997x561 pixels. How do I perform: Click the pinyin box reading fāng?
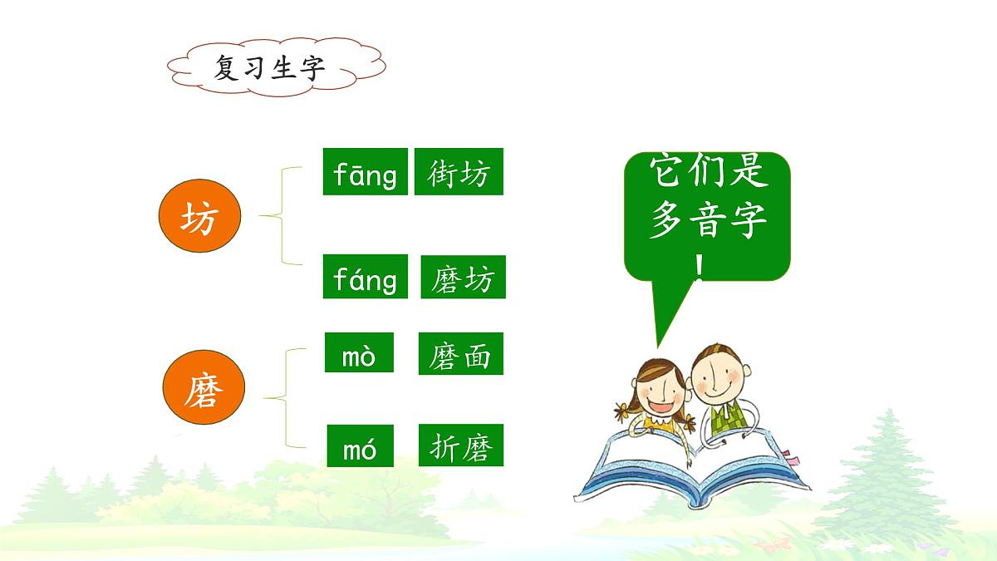tap(365, 172)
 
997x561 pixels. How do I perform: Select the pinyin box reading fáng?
tap(365, 277)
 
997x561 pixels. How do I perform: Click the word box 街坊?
tap(459, 172)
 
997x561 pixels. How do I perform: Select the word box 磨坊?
tap(463, 278)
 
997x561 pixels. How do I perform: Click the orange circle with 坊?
tap(199, 218)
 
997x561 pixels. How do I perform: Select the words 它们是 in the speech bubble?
tap(707, 173)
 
